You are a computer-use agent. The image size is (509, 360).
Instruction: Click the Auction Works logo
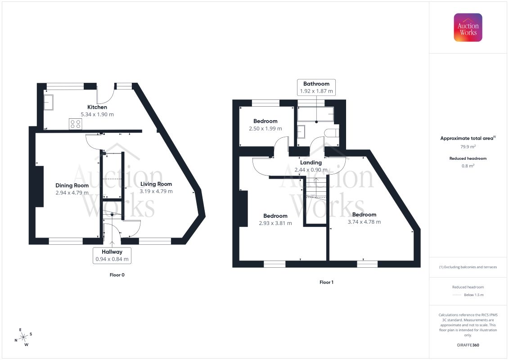(x=468, y=27)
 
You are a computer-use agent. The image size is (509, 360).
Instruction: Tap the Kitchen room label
(x=97, y=107)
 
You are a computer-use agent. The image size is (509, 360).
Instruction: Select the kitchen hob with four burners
(x=75, y=124)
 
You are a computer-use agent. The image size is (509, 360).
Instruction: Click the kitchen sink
(x=48, y=102)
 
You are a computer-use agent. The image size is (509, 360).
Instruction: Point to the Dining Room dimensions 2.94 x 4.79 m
(x=72, y=193)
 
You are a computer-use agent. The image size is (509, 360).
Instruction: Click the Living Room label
(x=156, y=184)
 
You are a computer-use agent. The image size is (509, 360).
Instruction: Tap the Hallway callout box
(x=112, y=256)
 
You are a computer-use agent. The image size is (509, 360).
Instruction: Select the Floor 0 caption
(x=117, y=275)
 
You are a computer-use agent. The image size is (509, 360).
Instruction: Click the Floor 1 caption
(x=326, y=283)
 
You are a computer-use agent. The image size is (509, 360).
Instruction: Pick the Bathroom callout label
(x=316, y=87)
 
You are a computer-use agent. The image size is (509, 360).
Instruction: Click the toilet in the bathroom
(x=332, y=132)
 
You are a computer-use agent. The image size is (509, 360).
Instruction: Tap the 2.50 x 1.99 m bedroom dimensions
(x=266, y=129)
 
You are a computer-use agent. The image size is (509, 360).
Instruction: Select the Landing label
(x=311, y=162)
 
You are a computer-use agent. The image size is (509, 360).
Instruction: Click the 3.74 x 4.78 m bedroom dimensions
(x=364, y=222)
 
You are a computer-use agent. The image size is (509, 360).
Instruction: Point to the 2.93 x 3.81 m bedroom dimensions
(x=275, y=223)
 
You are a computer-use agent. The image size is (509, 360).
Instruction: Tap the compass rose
(x=23, y=337)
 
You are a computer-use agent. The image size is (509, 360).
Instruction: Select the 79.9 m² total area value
(x=468, y=147)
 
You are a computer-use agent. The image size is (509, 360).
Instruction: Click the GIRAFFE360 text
(x=468, y=345)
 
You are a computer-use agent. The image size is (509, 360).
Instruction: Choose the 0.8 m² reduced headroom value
(x=468, y=166)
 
